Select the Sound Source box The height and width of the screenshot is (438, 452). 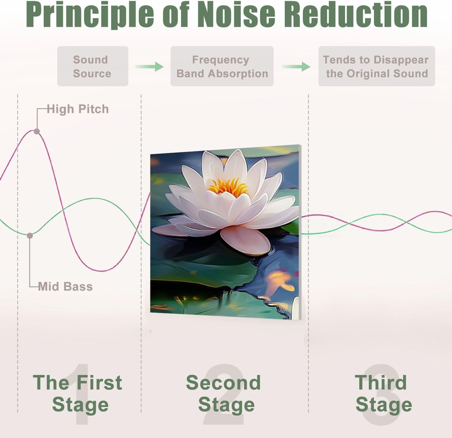click(x=93, y=66)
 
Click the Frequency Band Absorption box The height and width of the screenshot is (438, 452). click(x=222, y=66)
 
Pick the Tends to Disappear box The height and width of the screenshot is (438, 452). click(x=376, y=66)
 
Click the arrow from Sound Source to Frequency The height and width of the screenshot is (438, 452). click(x=149, y=66)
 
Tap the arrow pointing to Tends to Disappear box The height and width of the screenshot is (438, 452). click(x=296, y=66)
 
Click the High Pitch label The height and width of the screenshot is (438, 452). click(x=78, y=109)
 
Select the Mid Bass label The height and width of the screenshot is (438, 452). click(x=65, y=286)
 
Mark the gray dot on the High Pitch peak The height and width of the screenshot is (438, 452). click(x=37, y=131)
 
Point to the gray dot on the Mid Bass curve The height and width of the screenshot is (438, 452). click(x=30, y=236)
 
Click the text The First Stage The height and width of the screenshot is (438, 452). click(x=78, y=393)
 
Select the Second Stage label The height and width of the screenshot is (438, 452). click(x=224, y=393)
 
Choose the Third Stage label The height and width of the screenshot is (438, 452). click(x=382, y=393)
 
